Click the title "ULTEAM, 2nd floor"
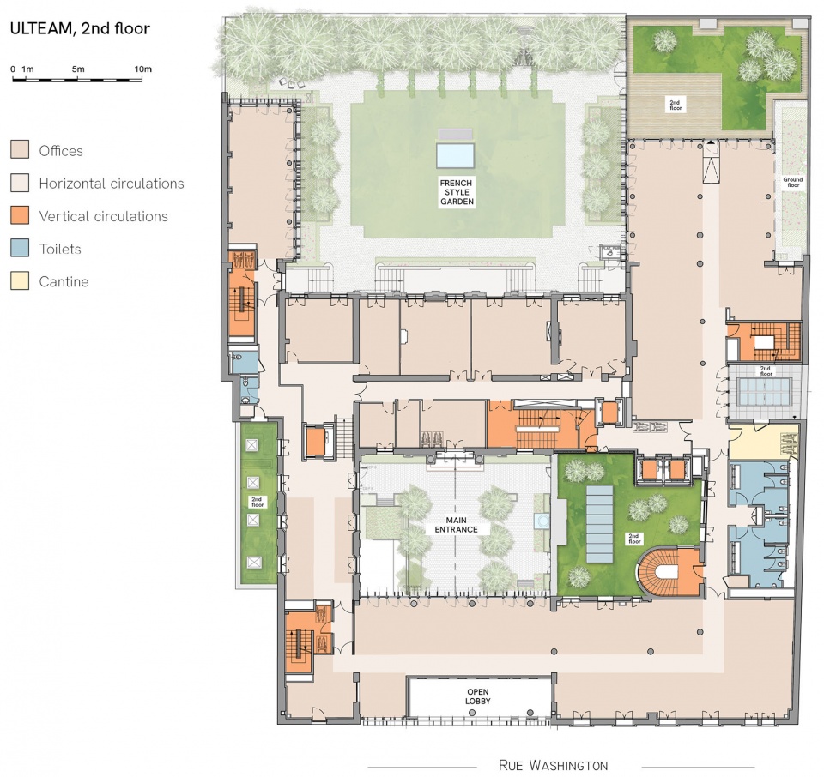coord(80,28)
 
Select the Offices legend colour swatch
coord(20,149)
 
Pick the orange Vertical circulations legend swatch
coord(20,215)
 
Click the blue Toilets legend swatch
coord(20,248)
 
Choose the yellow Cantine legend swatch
coord(20,281)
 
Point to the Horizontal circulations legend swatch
coord(20,183)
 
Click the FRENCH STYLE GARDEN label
coord(457,192)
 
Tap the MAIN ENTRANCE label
coord(456,525)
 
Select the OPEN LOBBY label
coord(478,696)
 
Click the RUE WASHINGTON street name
coord(553,766)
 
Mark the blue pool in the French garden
coord(455,155)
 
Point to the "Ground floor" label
coord(792,182)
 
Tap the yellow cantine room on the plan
coord(763,442)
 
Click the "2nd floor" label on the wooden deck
coord(675,105)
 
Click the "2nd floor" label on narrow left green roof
coord(257,502)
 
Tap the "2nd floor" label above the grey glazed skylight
coord(766,371)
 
